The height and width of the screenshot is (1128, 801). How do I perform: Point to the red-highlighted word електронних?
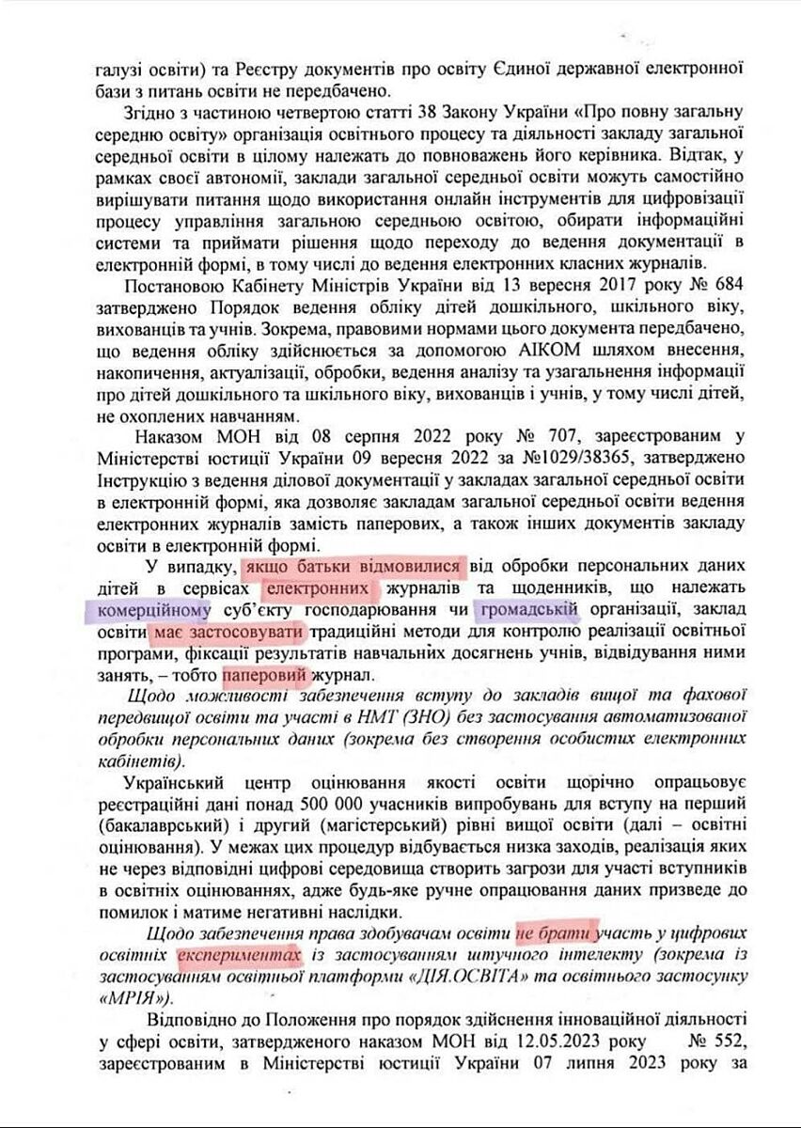tap(321, 589)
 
